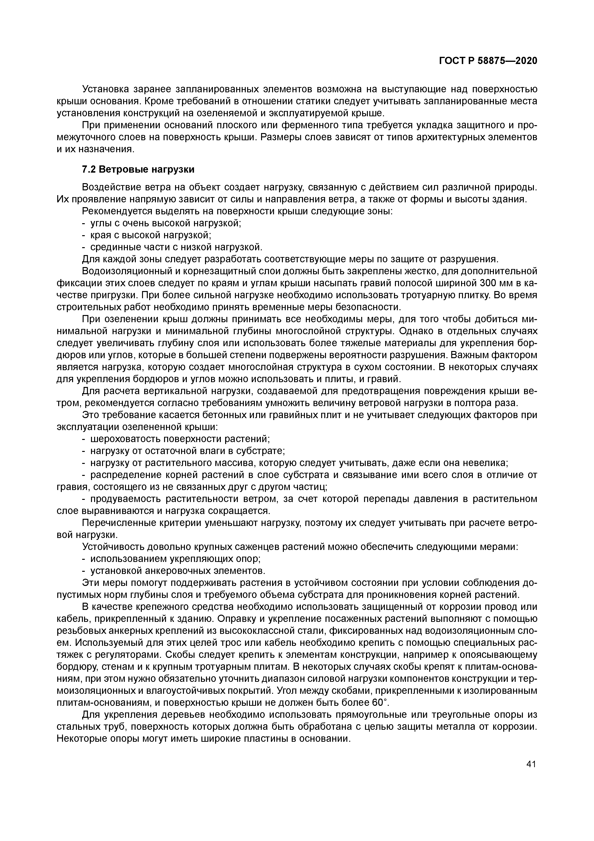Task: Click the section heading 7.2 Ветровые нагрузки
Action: click(x=138, y=169)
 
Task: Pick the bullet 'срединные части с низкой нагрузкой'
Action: click(x=177, y=247)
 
